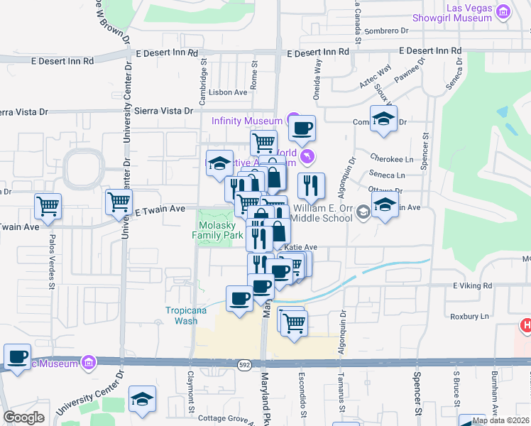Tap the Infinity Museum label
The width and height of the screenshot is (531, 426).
246,121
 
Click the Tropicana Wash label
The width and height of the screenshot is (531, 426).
182,315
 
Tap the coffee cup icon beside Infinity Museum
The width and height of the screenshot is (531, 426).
302,129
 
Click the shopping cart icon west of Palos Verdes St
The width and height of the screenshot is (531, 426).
48,206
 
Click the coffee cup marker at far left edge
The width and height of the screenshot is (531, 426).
16,356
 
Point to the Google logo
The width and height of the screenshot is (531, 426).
23,417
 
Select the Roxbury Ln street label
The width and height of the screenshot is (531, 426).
469,316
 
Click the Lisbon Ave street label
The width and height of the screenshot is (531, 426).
229,92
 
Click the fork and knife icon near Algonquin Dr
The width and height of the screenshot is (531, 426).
311,186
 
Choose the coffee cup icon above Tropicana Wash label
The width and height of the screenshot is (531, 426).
239,297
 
